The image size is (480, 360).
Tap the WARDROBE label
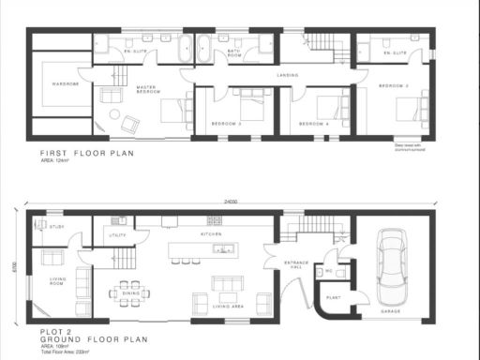[64, 83]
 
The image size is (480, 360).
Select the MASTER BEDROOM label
[147, 90]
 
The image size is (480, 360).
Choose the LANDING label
[287, 74]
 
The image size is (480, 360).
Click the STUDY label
[56, 226]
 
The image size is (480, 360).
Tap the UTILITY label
[117, 235]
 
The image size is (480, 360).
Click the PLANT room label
[332, 298]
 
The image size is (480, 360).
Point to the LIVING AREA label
[228, 306]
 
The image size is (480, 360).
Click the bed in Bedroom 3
[249, 104]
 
